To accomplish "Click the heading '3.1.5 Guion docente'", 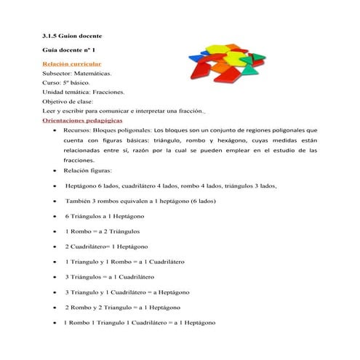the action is point(73,36).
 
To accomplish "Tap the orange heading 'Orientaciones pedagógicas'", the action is point(83,120).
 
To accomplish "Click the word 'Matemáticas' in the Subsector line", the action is point(95,74).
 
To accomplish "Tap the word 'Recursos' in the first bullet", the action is point(78,129).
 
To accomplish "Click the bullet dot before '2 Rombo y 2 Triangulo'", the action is point(57,308).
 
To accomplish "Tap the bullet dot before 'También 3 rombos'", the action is point(57,201).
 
